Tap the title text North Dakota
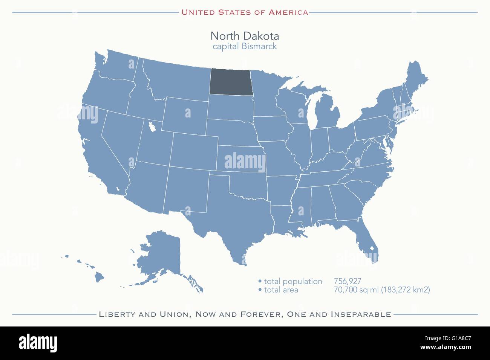[245, 36]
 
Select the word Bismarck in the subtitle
[259, 46]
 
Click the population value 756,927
[348, 281]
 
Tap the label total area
[281, 290]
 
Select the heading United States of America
[245, 12]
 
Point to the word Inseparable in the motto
[361, 314]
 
